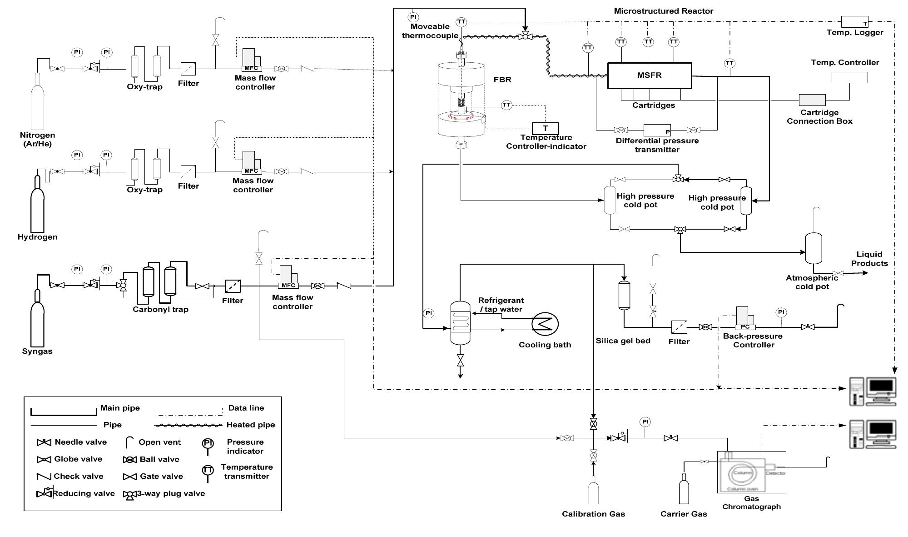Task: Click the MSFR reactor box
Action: (x=650, y=75)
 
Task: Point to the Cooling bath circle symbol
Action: (x=545, y=324)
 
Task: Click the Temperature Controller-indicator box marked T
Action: (x=545, y=128)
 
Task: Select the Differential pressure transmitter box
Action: (x=657, y=130)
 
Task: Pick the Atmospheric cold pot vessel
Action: (x=813, y=248)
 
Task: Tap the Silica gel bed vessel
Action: (x=624, y=296)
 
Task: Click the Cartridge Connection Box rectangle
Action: (x=812, y=100)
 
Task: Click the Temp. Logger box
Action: (x=854, y=21)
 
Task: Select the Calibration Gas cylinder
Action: (x=593, y=491)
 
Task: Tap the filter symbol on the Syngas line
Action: (x=233, y=286)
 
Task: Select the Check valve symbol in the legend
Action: (x=44, y=477)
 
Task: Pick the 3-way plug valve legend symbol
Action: (x=130, y=495)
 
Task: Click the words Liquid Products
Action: (x=869, y=259)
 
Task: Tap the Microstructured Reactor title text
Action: (x=663, y=11)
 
